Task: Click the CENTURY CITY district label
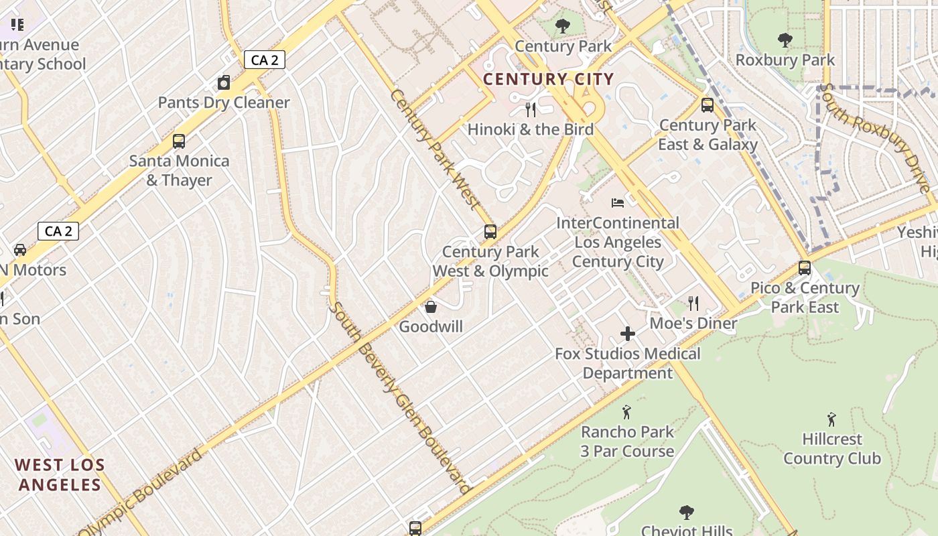(548, 79)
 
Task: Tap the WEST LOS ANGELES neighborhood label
(60, 474)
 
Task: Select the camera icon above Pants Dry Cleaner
(224, 83)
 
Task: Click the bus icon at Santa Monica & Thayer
(179, 141)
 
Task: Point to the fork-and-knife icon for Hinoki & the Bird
(531, 109)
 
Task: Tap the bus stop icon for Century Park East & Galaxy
(707, 105)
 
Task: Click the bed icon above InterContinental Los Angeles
(618, 202)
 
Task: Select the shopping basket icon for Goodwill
(431, 307)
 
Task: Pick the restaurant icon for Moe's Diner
(693, 304)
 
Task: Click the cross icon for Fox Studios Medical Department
(628, 334)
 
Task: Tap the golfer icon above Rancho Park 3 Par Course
(627, 411)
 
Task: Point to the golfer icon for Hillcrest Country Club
(831, 419)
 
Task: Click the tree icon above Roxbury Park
(785, 40)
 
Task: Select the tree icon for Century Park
(563, 26)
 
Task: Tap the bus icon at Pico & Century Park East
(805, 268)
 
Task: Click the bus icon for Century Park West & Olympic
(490, 232)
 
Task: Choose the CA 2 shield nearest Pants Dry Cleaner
(264, 60)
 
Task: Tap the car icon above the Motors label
(20, 250)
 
